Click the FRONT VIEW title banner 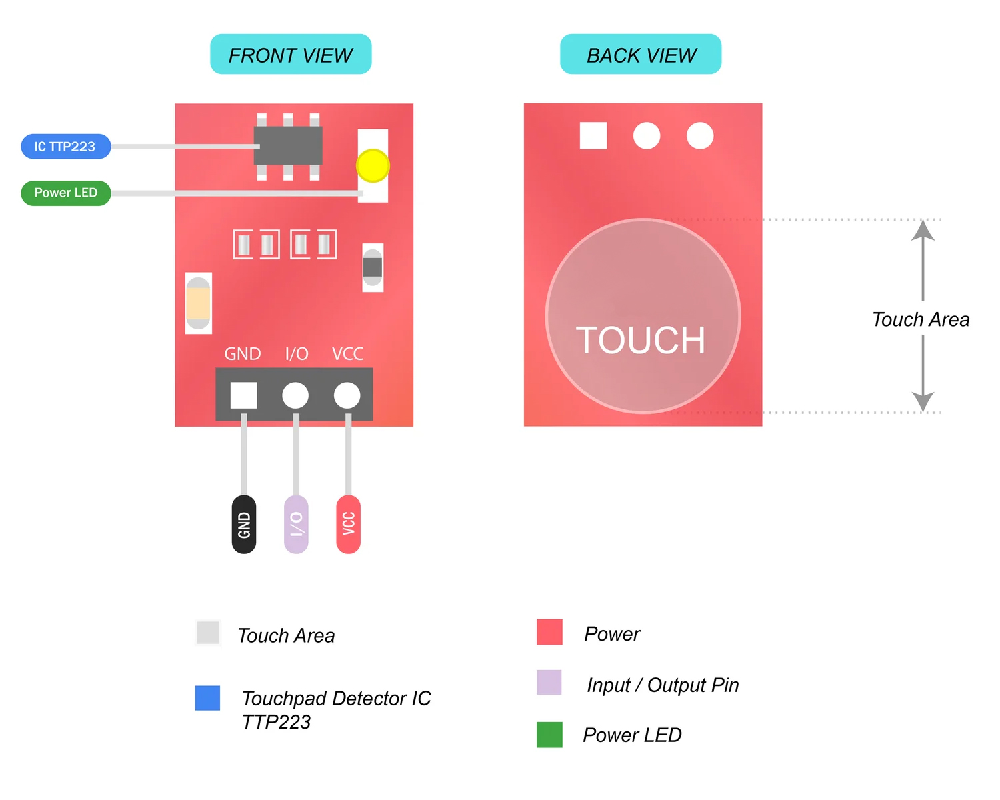[x=291, y=54]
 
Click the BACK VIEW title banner [x=641, y=54]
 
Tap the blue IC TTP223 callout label [x=66, y=147]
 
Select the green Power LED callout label [x=66, y=193]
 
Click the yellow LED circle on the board [x=373, y=165]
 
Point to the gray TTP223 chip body [x=288, y=145]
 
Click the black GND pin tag [x=244, y=524]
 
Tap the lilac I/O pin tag [x=296, y=524]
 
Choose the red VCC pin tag [x=349, y=524]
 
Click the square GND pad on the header [x=243, y=395]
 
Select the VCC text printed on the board [x=347, y=354]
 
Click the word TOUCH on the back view [x=641, y=340]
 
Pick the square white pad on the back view [x=593, y=136]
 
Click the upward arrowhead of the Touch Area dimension [x=923, y=230]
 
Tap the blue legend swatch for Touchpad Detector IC [x=207, y=698]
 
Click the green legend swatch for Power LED [x=549, y=735]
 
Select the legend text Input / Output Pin [x=663, y=685]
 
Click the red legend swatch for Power [x=549, y=632]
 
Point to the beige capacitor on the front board [x=199, y=303]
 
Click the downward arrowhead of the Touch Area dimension [x=923, y=401]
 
